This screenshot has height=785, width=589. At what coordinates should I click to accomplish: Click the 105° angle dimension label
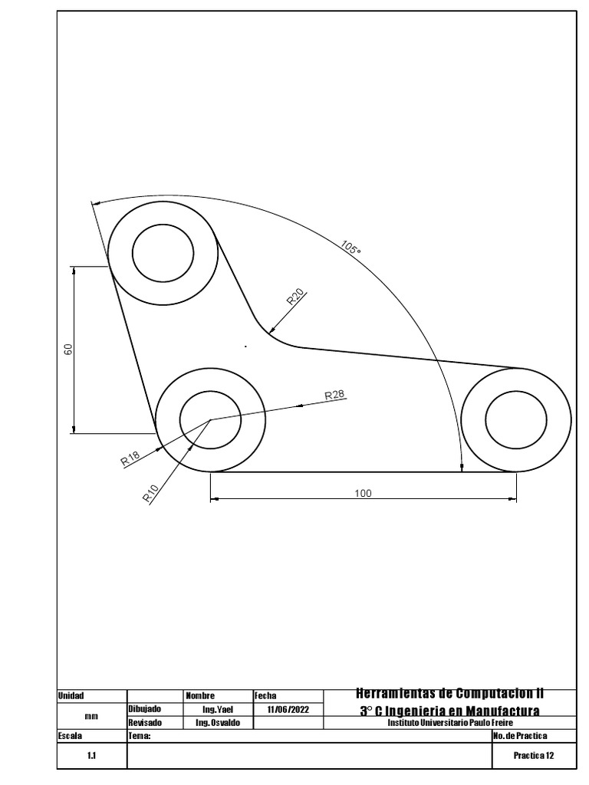350,248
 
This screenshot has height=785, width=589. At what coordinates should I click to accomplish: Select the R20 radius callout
296,297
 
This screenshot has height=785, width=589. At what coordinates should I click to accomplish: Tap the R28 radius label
335,395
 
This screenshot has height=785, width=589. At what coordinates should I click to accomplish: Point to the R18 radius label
130,458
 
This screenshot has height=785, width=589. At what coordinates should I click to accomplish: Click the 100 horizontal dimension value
363,493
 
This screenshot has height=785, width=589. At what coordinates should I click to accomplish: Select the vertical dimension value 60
68,350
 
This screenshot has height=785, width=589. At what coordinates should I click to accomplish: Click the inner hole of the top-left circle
163,253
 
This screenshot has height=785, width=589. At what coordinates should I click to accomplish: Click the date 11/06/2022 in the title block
288,710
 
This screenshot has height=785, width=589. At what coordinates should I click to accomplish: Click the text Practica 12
534,755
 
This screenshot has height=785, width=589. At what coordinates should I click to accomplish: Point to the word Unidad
71,695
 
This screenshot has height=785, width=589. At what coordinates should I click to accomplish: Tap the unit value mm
90,716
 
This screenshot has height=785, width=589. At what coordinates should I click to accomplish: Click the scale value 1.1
90,755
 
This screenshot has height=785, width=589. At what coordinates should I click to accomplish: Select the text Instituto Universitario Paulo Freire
449,723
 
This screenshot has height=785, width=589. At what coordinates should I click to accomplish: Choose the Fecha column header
265,695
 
